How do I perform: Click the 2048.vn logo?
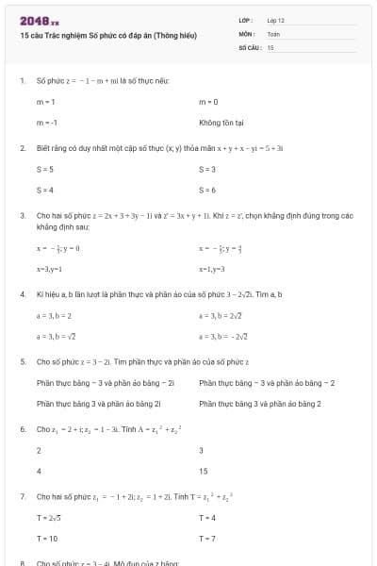(x=39, y=21)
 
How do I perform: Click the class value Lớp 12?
(x=276, y=20)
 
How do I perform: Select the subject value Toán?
(x=274, y=33)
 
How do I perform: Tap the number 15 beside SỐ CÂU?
(x=270, y=46)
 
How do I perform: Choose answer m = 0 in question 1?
(x=209, y=101)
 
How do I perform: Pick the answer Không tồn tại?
(x=221, y=123)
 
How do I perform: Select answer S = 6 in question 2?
(x=208, y=190)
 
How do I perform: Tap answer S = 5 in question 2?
(x=45, y=169)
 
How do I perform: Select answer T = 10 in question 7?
(x=47, y=538)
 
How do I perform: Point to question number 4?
(x=22, y=294)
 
